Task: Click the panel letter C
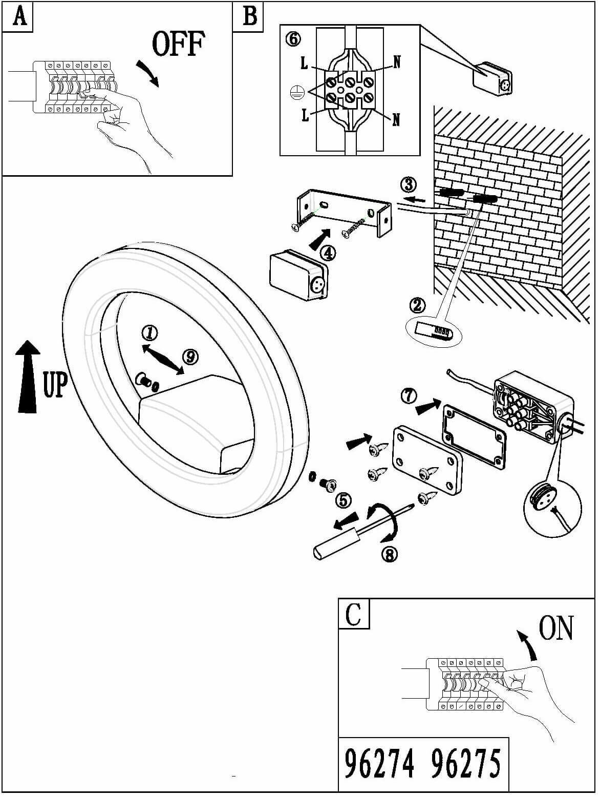tap(353, 614)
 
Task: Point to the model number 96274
tap(379, 764)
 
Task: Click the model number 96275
tap(465, 764)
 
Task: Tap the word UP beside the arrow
tap(55, 385)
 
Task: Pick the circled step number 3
tap(408, 184)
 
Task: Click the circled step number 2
tap(417, 306)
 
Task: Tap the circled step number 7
tap(408, 396)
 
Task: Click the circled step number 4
tap(328, 253)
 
